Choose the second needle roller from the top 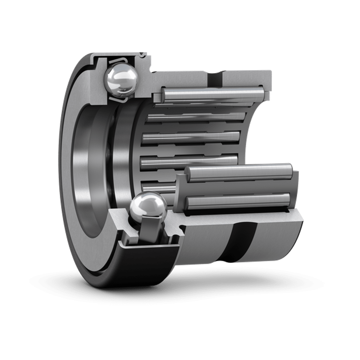[x=196, y=117]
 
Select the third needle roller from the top [x=192, y=137]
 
